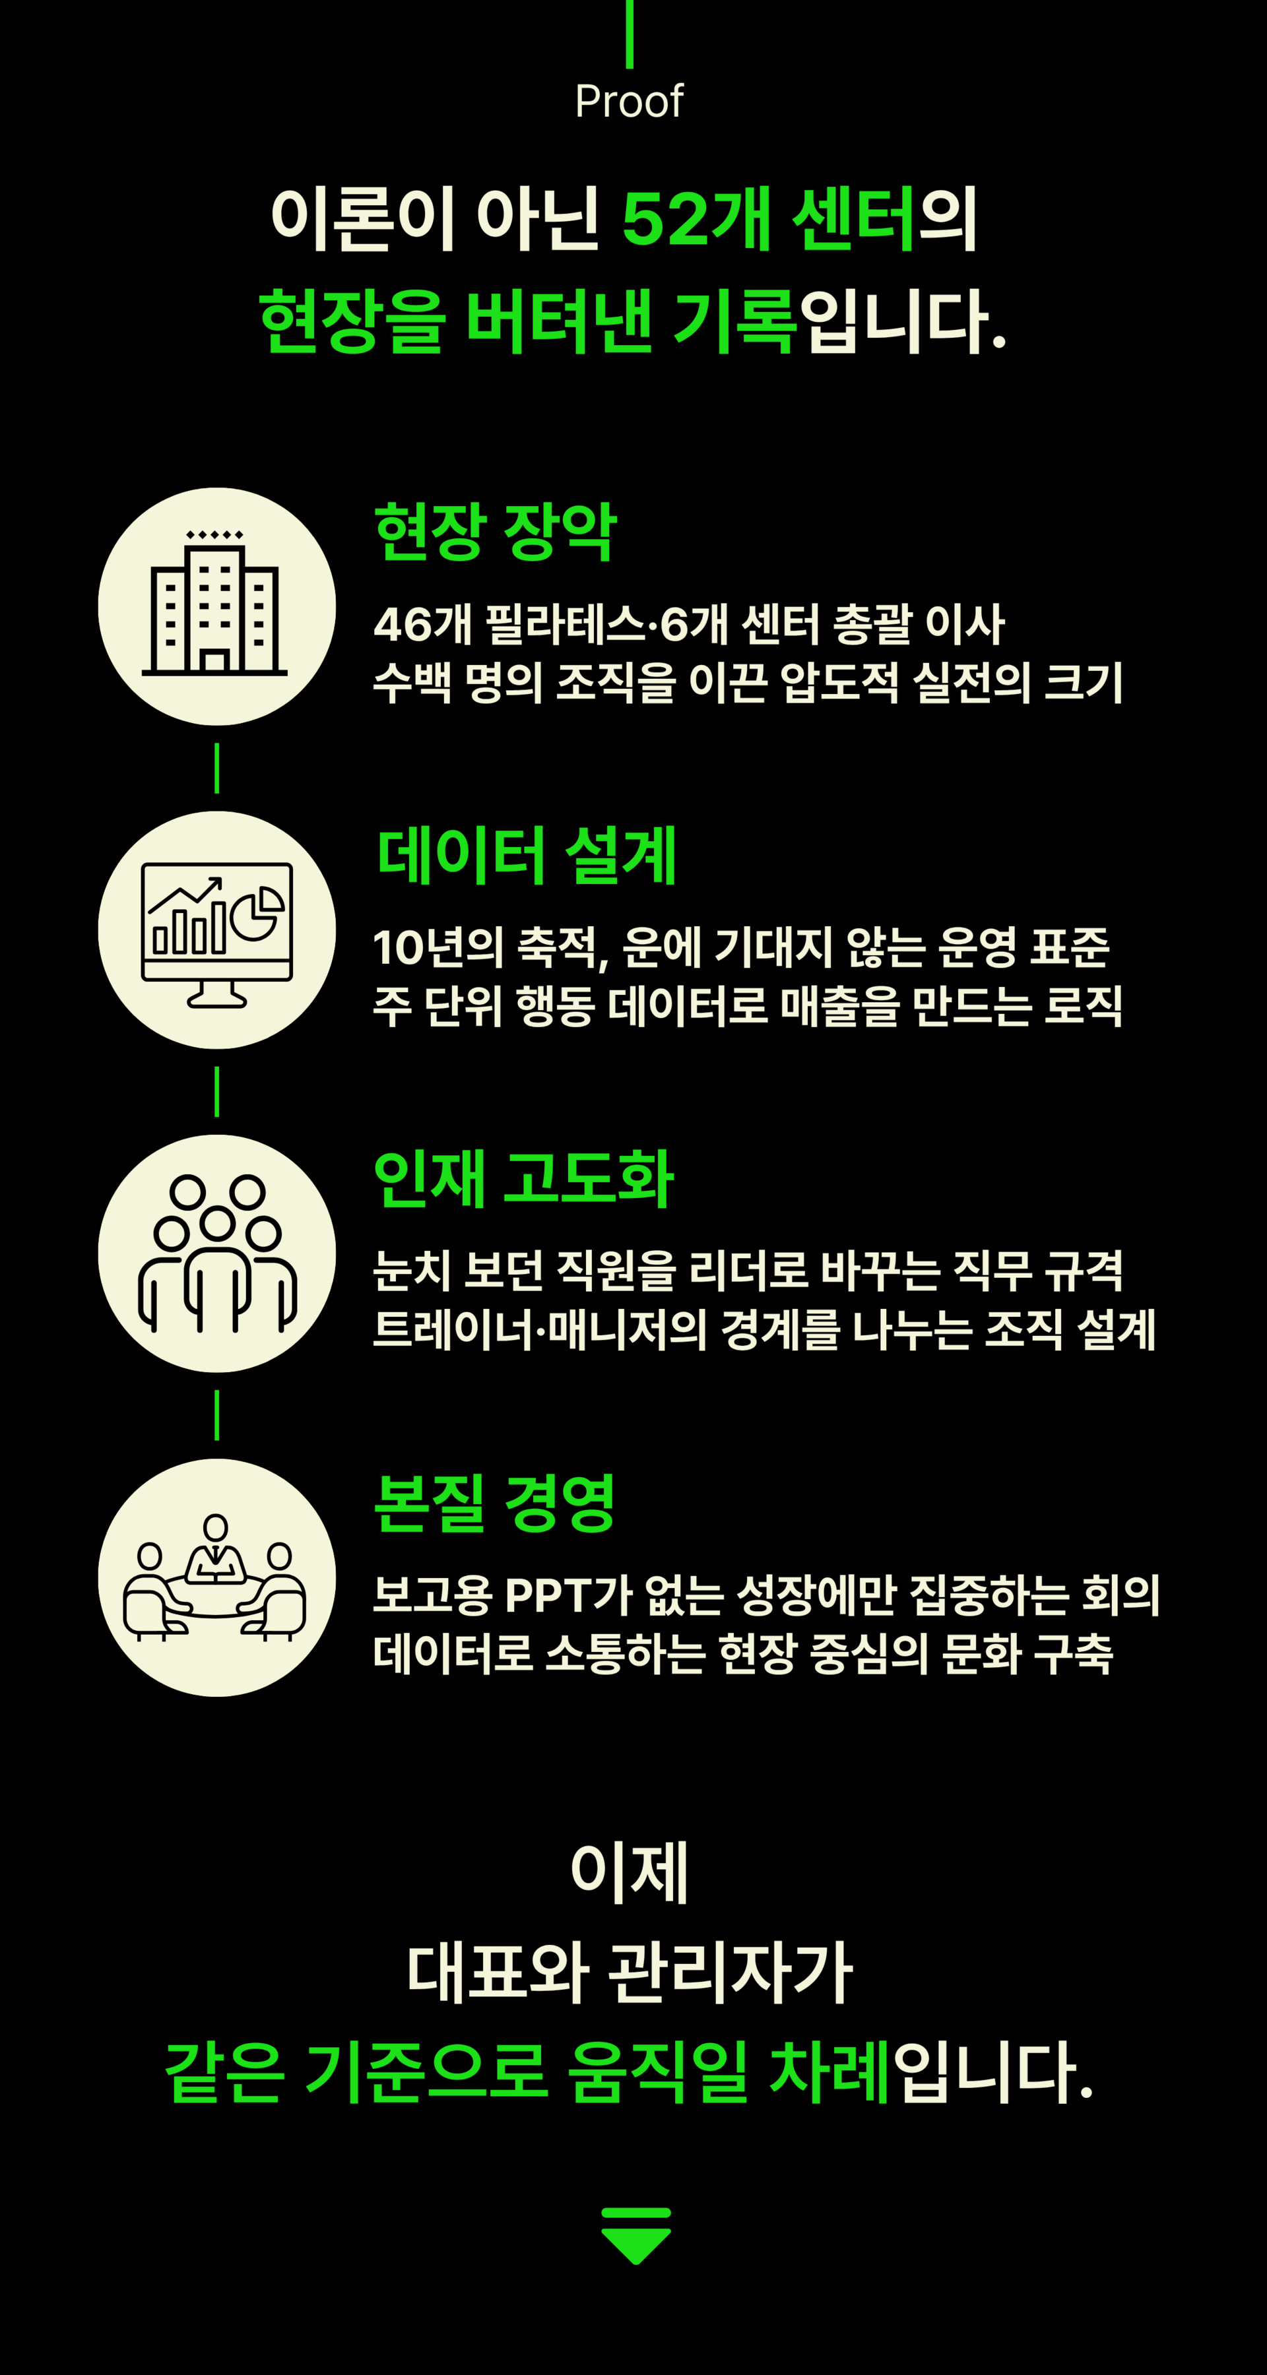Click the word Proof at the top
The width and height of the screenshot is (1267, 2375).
pos(629,100)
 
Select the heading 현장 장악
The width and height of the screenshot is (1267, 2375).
pos(495,532)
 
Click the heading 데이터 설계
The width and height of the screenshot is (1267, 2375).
pos(527,856)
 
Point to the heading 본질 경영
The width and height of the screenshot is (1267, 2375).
pos(494,1503)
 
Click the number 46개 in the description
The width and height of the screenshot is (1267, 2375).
pos(422,624)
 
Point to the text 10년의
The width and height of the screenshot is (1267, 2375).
pos(438,948)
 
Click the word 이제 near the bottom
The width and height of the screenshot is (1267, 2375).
pos(630,1872)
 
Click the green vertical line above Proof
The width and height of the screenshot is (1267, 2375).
pos(630,33)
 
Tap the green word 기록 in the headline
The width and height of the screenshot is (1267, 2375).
pos(734,321)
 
